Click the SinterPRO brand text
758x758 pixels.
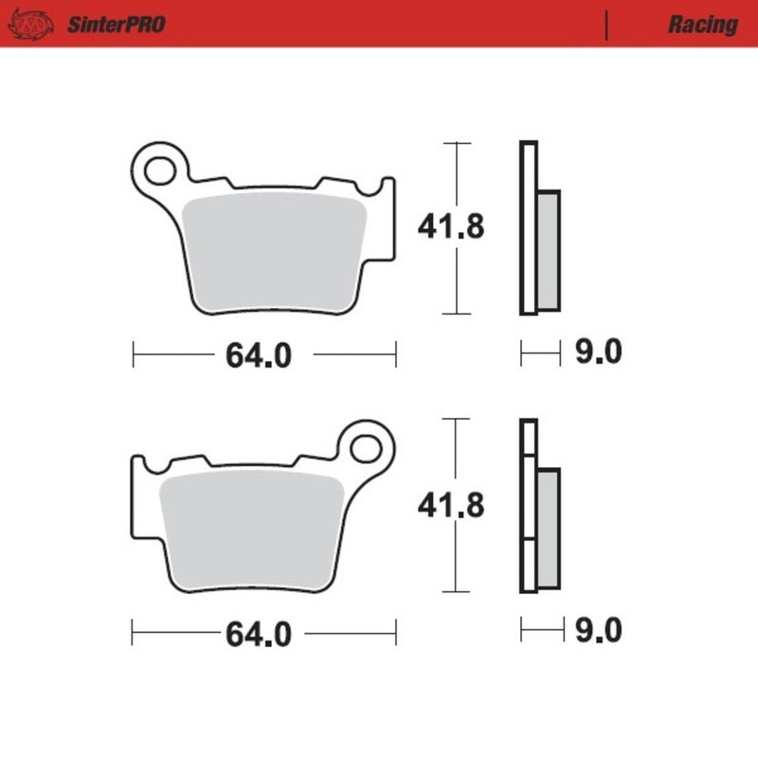[x=116, y=25]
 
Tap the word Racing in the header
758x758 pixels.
[x=702, y=25]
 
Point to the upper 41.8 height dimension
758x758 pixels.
[x=452, y=227]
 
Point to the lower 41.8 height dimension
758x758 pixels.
[x=452, y=506]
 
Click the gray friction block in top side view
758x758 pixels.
[x=549, y=249]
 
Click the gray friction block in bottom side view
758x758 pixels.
[x=548, y=528]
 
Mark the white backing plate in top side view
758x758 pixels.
[x=528, y=227]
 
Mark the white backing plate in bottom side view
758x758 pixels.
[x=528, y=507]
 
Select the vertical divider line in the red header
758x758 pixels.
[x=605, y=25]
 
